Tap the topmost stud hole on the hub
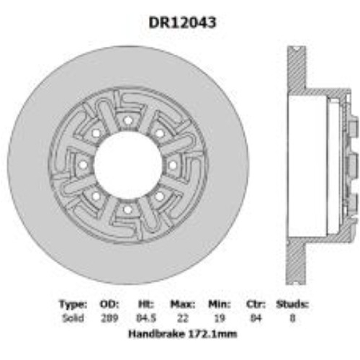coord(127,120)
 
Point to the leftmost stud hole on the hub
coord(82,165)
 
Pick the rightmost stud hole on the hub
coord(172,165)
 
